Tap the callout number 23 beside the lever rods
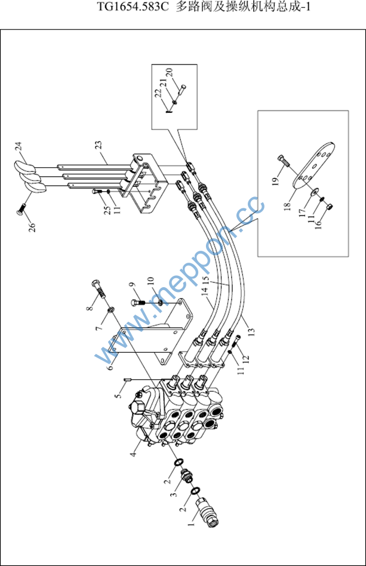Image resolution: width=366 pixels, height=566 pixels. [x=98, y=144]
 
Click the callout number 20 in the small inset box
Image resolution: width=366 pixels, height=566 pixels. [x=171, y=73]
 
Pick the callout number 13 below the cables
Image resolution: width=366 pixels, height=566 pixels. [x=251, y=331]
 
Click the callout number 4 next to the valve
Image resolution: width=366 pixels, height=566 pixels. [x=134, y=453]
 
